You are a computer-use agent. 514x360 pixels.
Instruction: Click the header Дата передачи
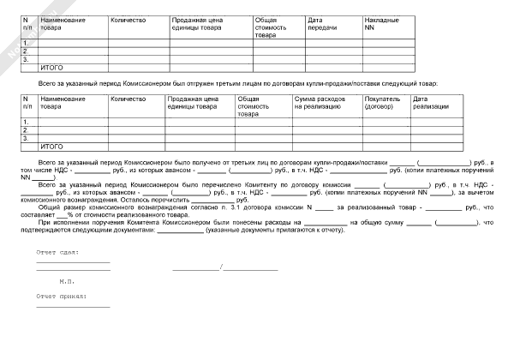click(319, 23)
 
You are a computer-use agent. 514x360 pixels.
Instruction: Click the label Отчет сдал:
click(57, 254)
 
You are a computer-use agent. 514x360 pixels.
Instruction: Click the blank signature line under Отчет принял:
click(73, 307)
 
